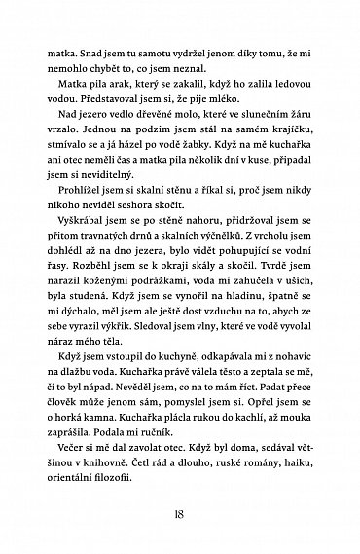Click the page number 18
coord(180,517)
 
